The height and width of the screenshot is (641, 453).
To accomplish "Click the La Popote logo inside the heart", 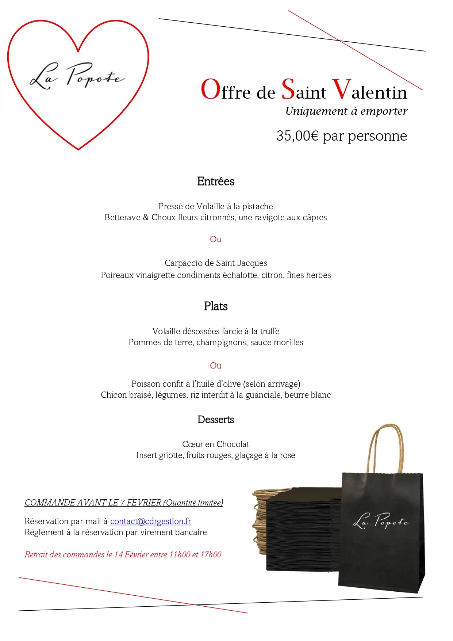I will (77, 76).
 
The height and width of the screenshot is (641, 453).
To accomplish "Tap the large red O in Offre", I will (211, 90).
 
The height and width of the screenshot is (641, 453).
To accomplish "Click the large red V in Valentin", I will (341, 89).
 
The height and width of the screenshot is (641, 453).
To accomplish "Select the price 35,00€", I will (297, 136).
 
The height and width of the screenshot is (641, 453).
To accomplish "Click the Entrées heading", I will (215, 182).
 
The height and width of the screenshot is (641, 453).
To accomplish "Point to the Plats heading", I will (216, 306).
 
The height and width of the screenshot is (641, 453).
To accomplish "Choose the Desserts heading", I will (215, 420).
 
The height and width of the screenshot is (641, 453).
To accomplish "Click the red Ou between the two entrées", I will (215, 239).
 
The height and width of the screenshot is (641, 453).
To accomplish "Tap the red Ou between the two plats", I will (215, 366).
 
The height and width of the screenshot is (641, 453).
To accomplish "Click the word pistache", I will (257, 207).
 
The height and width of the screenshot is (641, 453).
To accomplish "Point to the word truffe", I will (270, 331).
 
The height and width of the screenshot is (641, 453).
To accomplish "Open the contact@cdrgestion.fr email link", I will (150, 521).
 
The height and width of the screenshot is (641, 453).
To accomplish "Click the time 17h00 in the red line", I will (211, 554).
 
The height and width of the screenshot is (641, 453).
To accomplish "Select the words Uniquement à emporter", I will (346, 111).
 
